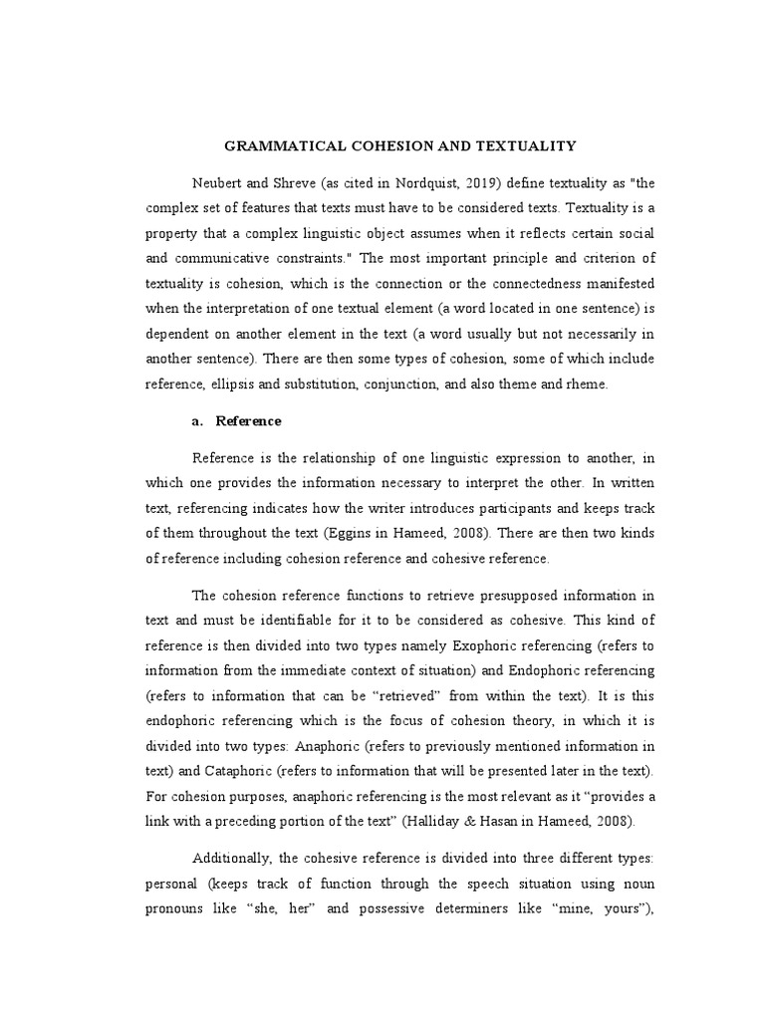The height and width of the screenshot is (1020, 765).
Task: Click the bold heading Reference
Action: tap(249, 422)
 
